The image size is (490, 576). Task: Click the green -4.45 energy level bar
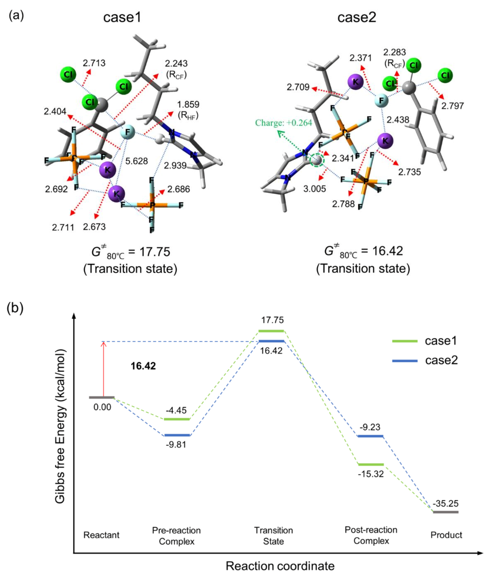177,419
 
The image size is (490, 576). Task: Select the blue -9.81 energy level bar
177,435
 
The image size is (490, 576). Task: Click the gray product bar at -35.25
446,512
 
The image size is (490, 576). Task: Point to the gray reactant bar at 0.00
102,397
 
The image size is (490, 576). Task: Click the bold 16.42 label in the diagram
143,366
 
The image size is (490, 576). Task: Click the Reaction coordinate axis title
280,566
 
